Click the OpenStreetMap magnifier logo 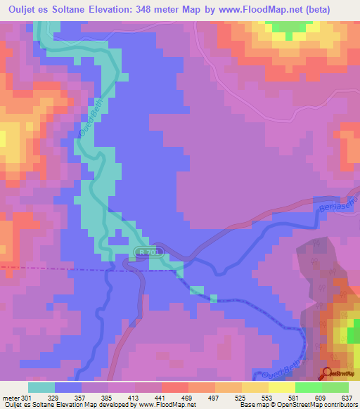[x=328, y=373]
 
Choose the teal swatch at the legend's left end [x=41, y=387]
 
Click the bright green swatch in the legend [x=308, y=387]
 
